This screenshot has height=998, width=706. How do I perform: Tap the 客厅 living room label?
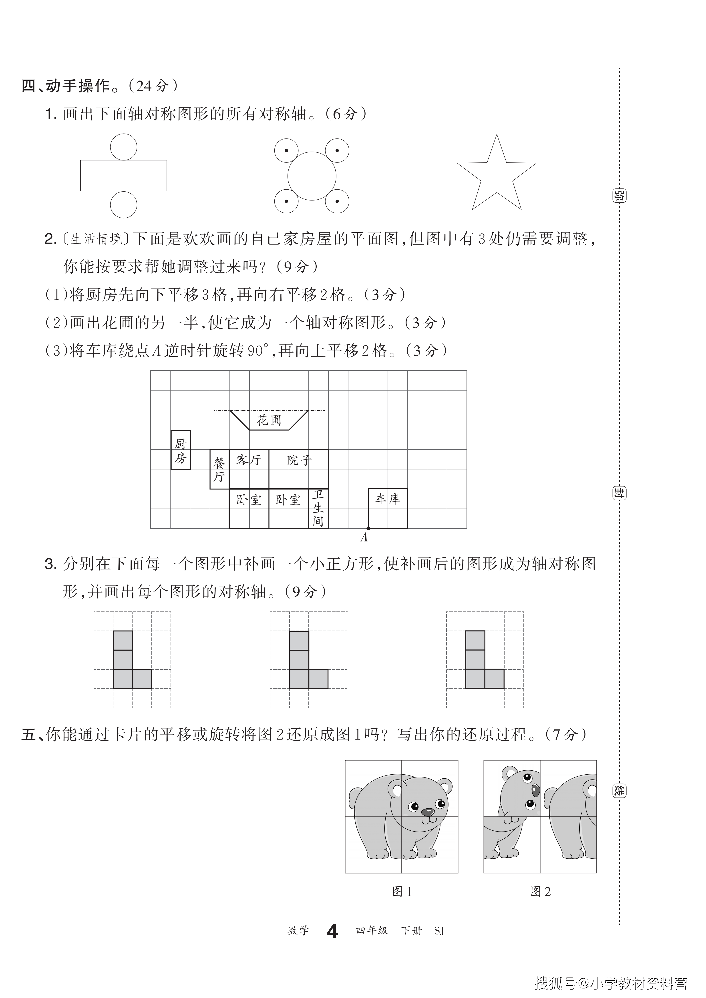(249, 460)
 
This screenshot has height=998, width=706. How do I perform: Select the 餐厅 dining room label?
(219, 469)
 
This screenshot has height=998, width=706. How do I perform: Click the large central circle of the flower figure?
(312, 176)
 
